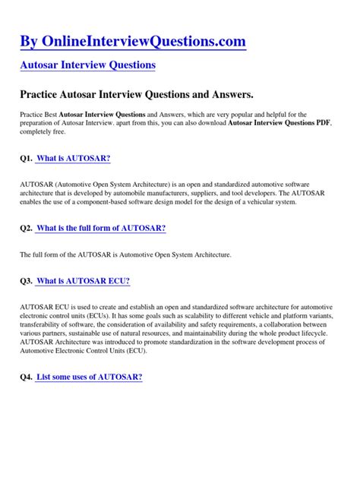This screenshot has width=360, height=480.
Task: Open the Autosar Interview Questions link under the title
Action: (87, 65)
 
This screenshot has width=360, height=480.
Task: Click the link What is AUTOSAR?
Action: (73, 158)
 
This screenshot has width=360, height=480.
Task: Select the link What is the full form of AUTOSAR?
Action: (101, 228)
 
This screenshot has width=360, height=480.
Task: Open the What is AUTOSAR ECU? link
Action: (83, 281)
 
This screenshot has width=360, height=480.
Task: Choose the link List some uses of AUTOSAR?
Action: (89, 377)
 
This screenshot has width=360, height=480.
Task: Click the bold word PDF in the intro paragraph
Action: (324, 122)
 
